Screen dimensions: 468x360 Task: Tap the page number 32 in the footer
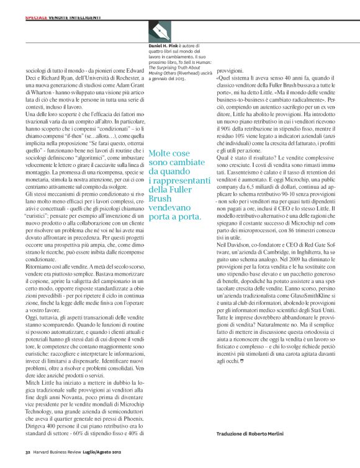pos(28,452)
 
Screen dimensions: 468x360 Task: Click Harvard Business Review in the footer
pos(60,452)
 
